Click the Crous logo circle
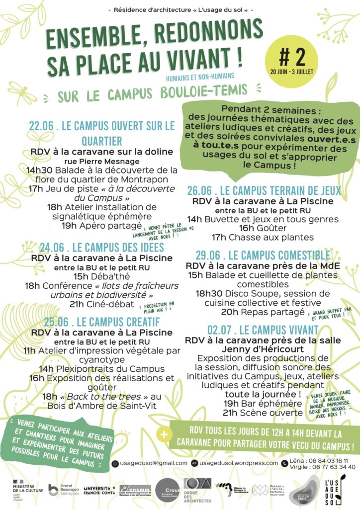(x=167, y=489)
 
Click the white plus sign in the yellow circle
(x=164, y=433)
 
